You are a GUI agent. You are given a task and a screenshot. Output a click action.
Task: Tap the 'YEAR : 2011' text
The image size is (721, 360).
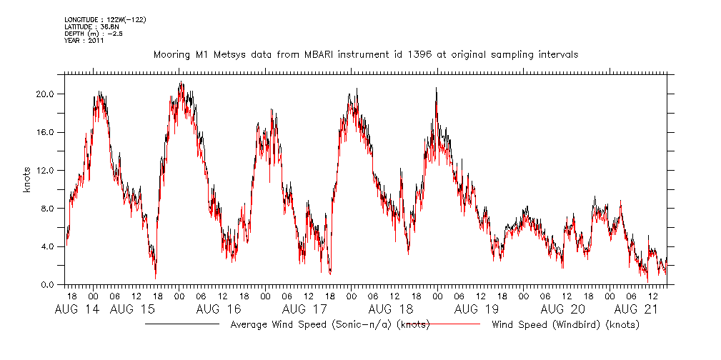(84, 41)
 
